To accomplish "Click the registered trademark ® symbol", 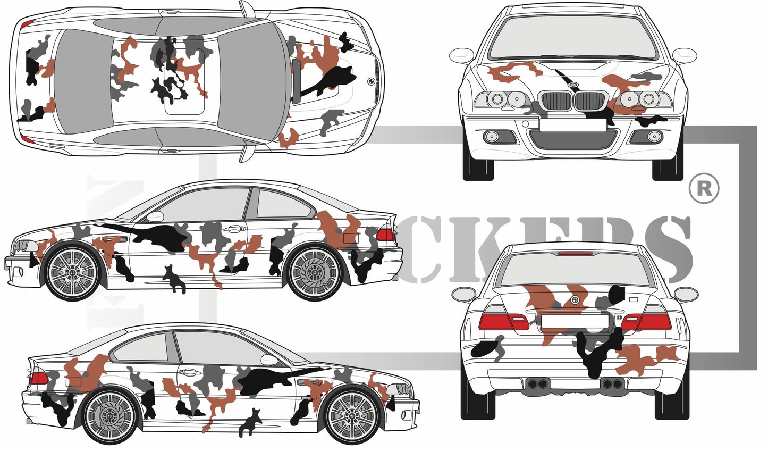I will pyautogui.click(x=703, y=188).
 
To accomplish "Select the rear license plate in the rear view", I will pyautogui.click(x=575, y=321).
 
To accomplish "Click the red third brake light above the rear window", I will pyautogui.click(x=575, y=254).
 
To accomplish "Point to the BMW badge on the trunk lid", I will pyautogui.click(x=575, y=301).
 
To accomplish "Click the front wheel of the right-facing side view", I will pyautogui.click(x=351, y=415).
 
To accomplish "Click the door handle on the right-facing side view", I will pyautogui.click(x=189, y=372).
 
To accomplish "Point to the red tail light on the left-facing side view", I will pyautogui.click(x=385, y=235).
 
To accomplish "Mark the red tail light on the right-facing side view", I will pyautogui.click(x=39, y=379).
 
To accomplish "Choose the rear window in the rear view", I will pyautogui.click(x=575, y=271).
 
